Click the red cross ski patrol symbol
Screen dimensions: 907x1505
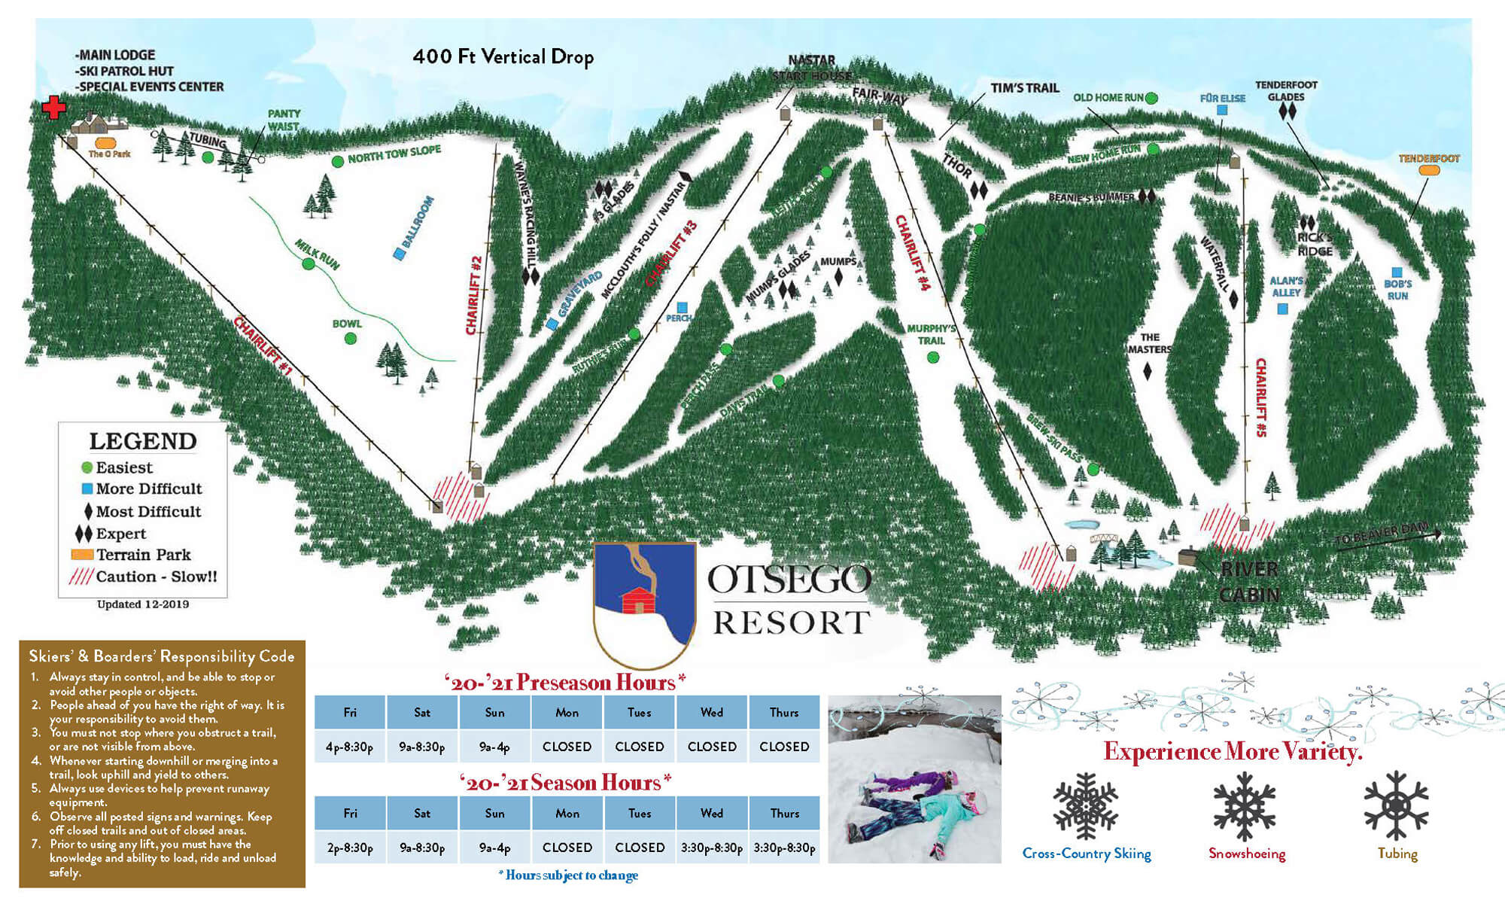53,108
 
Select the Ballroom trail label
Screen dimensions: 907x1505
418,222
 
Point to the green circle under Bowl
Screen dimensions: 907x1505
350,339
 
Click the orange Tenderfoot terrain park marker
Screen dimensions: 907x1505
1428,171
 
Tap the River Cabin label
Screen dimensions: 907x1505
1249,581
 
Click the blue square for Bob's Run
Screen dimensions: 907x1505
1397,272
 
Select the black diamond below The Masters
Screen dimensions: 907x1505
1148,371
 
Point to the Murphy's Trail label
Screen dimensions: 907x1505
931,334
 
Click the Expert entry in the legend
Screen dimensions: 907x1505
120,534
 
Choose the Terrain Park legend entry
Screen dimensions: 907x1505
143,555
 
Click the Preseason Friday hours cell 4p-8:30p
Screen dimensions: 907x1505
350,747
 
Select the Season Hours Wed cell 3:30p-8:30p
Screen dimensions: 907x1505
711,848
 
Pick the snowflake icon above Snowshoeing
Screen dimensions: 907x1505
1245,805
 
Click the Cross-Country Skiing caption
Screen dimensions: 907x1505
1086,854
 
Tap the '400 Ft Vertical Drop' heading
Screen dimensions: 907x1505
503,57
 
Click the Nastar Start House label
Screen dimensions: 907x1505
812,68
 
